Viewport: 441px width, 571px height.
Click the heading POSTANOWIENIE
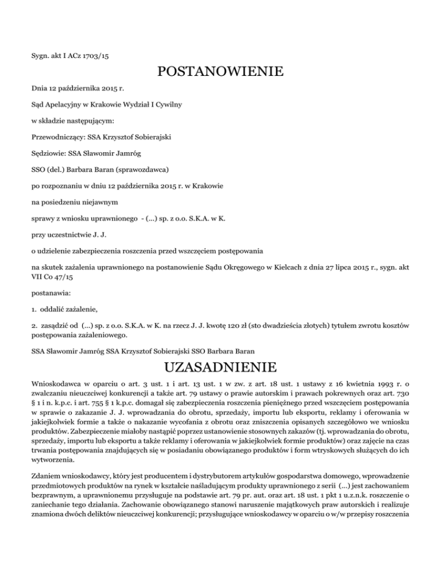pos(220,73)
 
